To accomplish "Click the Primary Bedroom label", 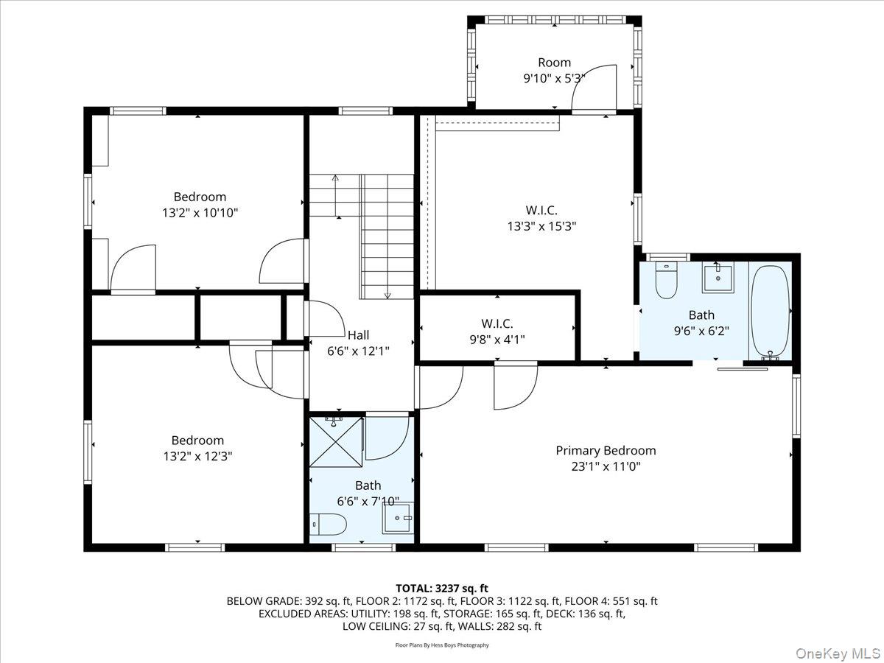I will pos(606,451).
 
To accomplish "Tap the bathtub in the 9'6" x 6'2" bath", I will pos(770,311).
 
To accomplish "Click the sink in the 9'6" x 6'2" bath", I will pos(717,278).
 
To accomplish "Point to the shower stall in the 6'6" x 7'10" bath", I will pos(336,442).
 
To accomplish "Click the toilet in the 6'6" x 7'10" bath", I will pos(329,525).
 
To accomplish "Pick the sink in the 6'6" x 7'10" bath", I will pos(397,519).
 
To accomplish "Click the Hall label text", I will pos(358,335).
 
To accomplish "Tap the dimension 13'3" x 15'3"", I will pos(541,227).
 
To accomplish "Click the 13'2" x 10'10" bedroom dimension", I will pos(200,213).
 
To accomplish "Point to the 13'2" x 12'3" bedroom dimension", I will pos(197,456).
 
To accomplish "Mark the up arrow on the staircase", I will pos(336,179).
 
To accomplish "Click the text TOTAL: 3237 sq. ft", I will pos(442,588).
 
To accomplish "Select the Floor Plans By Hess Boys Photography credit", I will pos(442,645).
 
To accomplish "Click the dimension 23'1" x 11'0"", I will pos(606,466).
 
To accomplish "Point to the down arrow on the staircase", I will pos(387,294).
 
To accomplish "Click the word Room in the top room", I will pos(554,63).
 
